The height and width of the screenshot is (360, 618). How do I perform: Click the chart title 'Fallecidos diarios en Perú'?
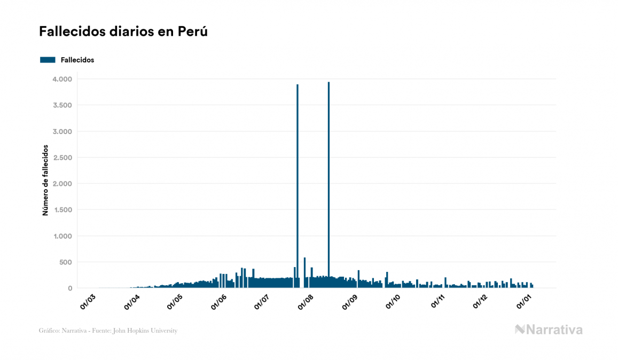(x=123, y=32)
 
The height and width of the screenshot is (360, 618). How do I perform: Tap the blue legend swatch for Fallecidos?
(x=48, y=60)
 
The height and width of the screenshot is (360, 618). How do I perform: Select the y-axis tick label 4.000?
(x=62, y=79)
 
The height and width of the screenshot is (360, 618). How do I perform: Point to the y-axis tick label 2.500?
(x=62, y=158)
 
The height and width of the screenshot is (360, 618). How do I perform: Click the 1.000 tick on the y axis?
(x=62, y=236)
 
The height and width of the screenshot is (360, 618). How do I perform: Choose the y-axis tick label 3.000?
(x=62, y=131)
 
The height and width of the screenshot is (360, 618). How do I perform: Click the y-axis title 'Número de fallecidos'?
(x=45, y=179)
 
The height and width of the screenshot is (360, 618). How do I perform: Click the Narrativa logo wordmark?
(x=549, y=330)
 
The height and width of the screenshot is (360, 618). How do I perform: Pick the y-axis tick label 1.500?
(x=62, y=210)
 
